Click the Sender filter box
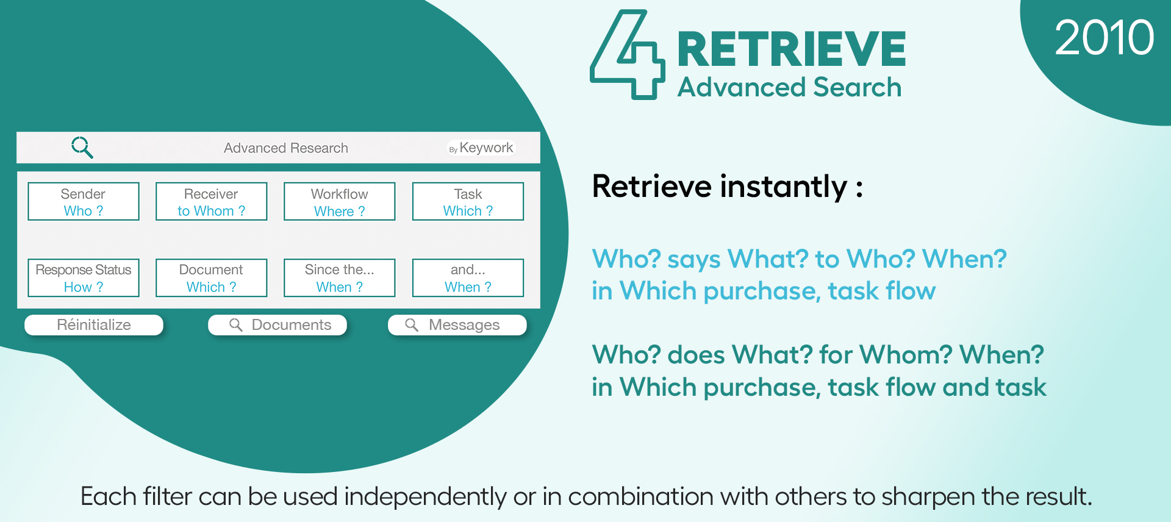(x=84, y=201)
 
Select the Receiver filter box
(x=212, y=201)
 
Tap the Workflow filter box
(x=340, y=201)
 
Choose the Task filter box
(x=468, y=201)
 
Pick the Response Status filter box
(x=84, y=278)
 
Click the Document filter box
(x=212, y=278)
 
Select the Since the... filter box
(x=340, y=278)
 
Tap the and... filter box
(x=468, y=278)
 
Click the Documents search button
(x=278, y=325)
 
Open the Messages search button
(x=457, y=325)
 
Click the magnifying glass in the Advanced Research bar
(x=82, y=148)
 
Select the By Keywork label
(x=481, y=148)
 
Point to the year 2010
(x=1105, y=38)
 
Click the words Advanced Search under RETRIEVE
(x=790, y=87)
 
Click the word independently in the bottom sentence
(x=425, y=497)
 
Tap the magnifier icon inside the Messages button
(x=412, y=325)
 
